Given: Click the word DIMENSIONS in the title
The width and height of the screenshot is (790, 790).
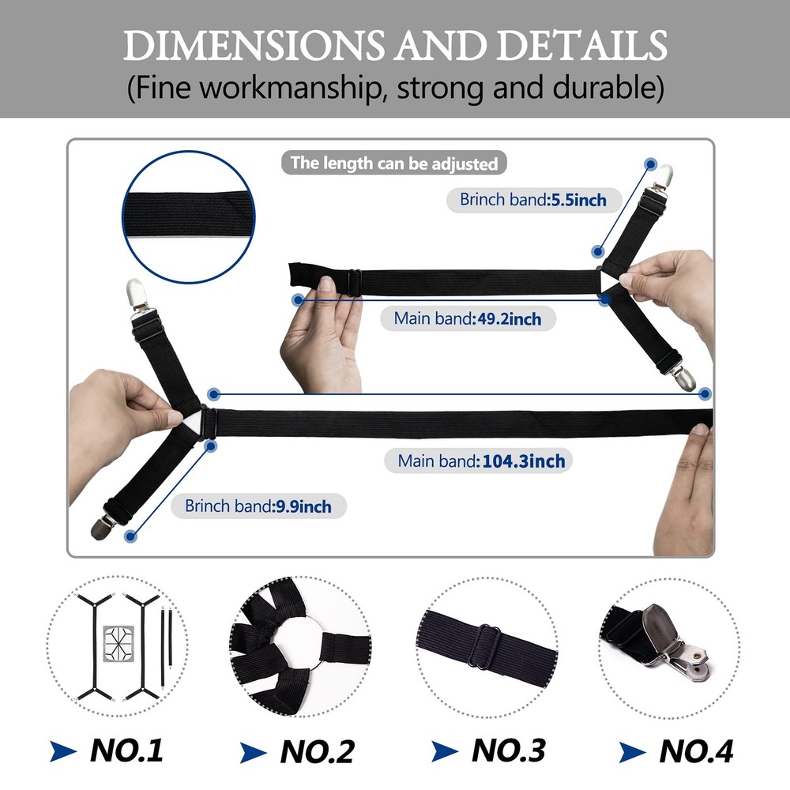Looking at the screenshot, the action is click(254, 45).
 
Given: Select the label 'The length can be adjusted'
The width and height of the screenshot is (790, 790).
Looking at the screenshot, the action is click(394, 164).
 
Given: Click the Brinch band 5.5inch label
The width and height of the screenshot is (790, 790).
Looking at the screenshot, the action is click(533, 200).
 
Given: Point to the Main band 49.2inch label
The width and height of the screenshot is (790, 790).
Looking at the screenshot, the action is click(468, 318).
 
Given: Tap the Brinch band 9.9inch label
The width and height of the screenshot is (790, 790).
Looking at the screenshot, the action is click(258, 506).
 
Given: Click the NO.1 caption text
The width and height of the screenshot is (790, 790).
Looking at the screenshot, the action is click(126, 750).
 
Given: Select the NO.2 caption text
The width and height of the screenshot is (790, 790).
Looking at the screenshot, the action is click(318, 752).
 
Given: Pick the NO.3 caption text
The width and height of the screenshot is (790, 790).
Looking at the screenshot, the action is click(508, 750).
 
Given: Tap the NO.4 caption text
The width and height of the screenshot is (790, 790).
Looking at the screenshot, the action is click(696, 751).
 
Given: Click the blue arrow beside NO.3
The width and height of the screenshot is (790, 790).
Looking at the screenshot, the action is click(445, 752).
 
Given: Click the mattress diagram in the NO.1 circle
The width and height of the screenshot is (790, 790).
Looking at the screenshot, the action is click(118, 643).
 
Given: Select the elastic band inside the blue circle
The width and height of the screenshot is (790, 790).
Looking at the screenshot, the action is click(189, 215).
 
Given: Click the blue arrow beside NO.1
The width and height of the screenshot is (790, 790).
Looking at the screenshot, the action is click(63, 750).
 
